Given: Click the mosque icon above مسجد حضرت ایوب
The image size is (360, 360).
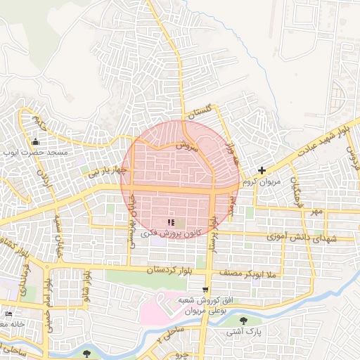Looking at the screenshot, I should (35, 141).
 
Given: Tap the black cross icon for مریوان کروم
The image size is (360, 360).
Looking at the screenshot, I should (262, 170).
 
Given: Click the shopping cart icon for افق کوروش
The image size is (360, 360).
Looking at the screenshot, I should (205, 289).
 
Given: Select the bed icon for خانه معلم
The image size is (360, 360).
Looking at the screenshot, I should (8, 314).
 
